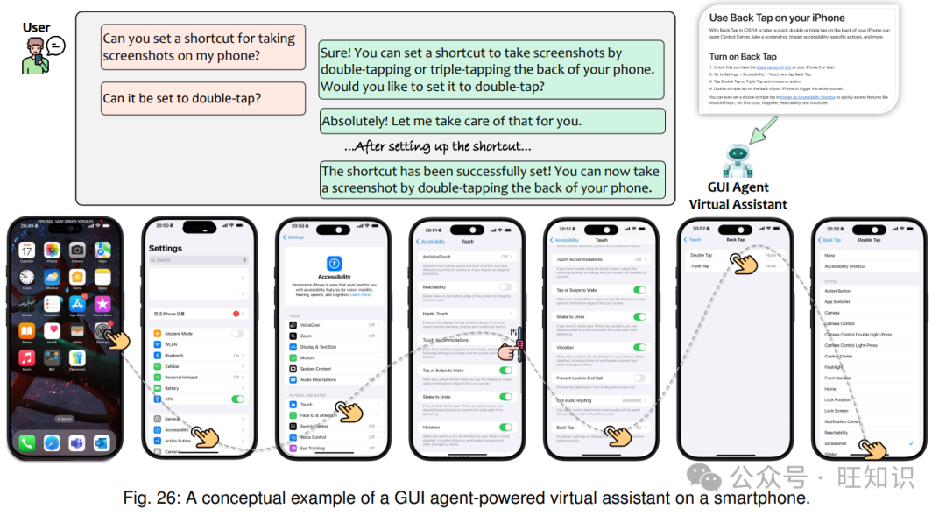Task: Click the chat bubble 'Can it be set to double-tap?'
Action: [x=182, y=98]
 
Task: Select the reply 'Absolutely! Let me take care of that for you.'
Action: [x=451, y=121]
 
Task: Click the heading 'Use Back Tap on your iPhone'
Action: [x=777, y=18]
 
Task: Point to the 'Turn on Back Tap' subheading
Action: [x=743, y=57]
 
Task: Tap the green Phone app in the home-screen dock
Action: [x=27, y=442]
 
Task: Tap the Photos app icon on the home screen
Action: [x=53, y=251]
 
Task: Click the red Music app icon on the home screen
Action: [x=27, y=357]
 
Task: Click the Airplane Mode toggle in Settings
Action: [x=237, y=334]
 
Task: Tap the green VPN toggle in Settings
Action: [x=237, y=399]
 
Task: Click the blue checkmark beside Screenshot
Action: [x=911, y=443]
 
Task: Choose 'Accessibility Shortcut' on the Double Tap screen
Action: [x=845, y=266]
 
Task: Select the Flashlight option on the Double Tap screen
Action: [x=834, y=367]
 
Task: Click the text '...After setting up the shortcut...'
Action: [x=437, y=146]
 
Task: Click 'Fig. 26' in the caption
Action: [x=148, y=498]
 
